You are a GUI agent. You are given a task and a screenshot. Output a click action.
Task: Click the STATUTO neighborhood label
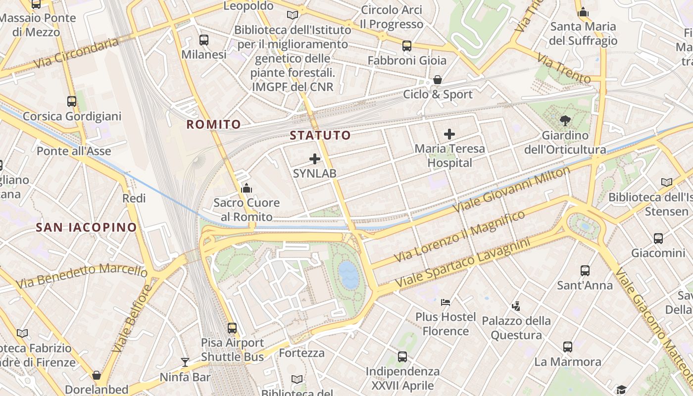pyautogui.click(x=320, y=135)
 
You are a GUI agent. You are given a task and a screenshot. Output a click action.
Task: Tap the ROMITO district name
pyautogui.click(x=213, y=124)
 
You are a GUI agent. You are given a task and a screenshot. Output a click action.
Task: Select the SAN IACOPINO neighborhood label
pyautogui.click(x=86, y=227)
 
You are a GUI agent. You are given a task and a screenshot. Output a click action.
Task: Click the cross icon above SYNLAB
pyautogui.click(x=315, y=159)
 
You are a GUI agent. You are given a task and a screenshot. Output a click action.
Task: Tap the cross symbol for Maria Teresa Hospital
pyautogui.click(x=449, y=134)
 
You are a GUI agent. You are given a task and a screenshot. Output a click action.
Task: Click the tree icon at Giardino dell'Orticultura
pyautogui.click(x=565, y=120)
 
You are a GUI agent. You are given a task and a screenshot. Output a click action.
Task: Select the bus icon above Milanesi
pyautogui.click(x=203, y=40)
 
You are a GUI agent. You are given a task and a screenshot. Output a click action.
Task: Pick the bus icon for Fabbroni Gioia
pyautogui.click(x=407, y=46)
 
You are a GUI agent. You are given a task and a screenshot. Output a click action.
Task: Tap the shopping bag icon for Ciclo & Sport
pyautogui.click(x=438, y=80)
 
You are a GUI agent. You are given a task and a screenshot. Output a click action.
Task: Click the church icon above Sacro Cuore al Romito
pyautogui.click(x=246, y=188)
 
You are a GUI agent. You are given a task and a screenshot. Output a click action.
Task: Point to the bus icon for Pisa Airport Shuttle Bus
pyautogui.click(x=232, y=328)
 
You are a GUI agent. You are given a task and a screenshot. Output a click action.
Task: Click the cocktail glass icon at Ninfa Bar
pyautogui.click(x=185, y=362)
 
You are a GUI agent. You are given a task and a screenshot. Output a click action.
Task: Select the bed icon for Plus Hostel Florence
pyautogui.click(x=445, y=302)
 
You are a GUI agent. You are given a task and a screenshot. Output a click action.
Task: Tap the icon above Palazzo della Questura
pyautogui.click(x=516, y=306)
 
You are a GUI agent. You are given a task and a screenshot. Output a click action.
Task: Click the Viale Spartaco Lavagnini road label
pyautogui.click(x=461, y=263)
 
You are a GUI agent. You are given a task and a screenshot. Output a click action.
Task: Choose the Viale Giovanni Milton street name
pyautogui.click(x=511, y=190)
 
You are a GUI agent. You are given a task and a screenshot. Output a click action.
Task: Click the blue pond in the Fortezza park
pyautogui.click(x=348, y=274)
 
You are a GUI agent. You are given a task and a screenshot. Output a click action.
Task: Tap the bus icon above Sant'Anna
pyautogui.click(x=585, y=271)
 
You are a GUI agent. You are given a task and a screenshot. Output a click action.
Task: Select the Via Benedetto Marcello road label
pyautogui.click(x=82, y=275)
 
